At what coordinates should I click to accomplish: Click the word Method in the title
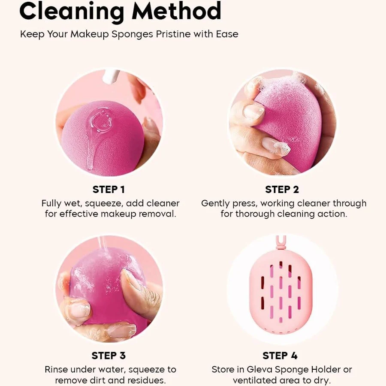pyautogui.click(x=176, y=11)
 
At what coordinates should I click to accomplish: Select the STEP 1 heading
pyautogui.click(x=109, y=190)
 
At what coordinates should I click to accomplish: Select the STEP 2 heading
pyautogui.click(x=282, y=190)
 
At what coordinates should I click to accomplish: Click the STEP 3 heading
pyautogui.click(x=109, y=356)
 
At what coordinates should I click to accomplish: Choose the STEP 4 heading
pyautogui.click(x=280, y=356)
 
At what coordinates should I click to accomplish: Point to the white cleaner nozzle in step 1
pyautogui.click(x=111, y=76)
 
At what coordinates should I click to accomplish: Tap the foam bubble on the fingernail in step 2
pyautogui.click(x=282, y=148)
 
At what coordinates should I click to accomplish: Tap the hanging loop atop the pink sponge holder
pyautogui.click(x=281, y=242)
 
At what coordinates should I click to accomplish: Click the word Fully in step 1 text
pyautogui.click(x=51, y=204)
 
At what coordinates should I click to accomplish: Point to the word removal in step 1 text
pyautogui.click(x=157, y=214)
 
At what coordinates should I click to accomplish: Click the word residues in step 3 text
pyautogui.click(x=146, y=380)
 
